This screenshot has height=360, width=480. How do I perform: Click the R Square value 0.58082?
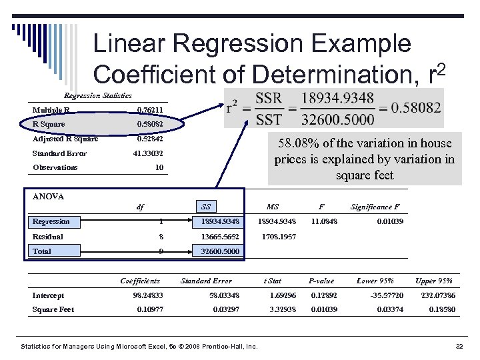click(149, 124)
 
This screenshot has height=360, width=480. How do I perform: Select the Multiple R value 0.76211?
click(149, 110)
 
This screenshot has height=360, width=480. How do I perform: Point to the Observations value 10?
click(159, 167)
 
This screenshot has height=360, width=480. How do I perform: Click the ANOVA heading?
click(48, 197)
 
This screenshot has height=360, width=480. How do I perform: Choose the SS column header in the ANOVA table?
click(207, 207)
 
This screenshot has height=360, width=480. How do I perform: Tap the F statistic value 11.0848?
click(324, 221)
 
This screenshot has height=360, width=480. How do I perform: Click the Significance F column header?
click(375, 207)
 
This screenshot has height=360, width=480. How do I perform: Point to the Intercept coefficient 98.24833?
click(147, 295)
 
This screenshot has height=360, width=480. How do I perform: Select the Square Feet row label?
click(53, 309)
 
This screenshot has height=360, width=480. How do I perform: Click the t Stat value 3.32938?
click(283, 309)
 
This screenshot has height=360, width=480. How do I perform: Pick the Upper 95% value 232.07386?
click(438, 295)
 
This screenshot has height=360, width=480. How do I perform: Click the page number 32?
click(459, 347)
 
